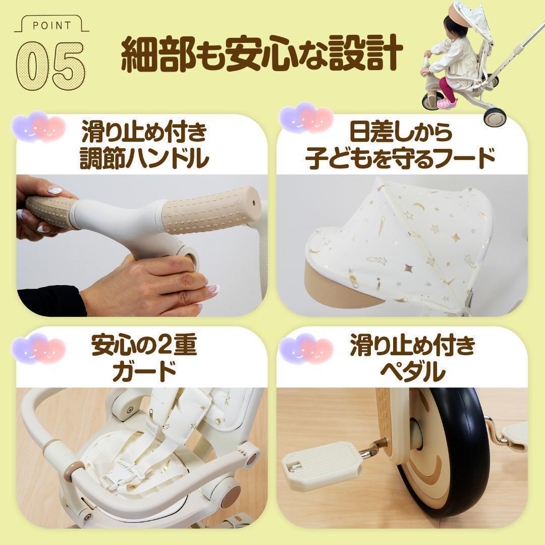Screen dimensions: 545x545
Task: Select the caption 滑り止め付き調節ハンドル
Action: point(144,146)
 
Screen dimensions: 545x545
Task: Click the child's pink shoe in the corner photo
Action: point(446,103)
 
